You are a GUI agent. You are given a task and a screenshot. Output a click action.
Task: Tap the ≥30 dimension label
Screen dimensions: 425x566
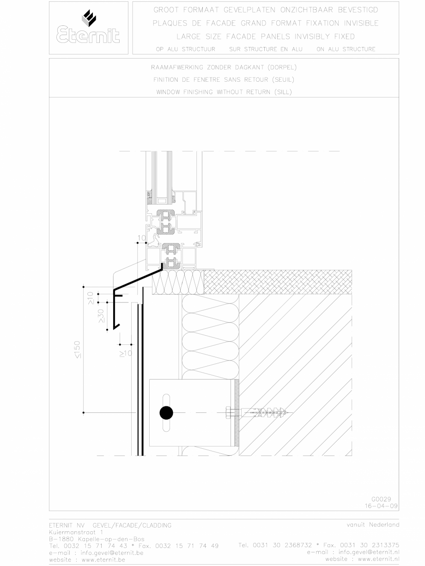[x=101, y=315]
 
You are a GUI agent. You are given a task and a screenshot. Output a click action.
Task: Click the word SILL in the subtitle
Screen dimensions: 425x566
[x=282, y=92]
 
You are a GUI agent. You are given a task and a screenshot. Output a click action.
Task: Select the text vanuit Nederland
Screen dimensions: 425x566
[x=373, y=524]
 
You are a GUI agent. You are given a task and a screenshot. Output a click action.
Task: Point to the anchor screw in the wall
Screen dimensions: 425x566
[x=261, y=412]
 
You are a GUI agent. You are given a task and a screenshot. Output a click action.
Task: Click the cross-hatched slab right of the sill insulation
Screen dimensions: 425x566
[x=278, y=282]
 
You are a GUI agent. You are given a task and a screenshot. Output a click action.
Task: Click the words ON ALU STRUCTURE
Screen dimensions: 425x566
[x=346, y=49]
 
